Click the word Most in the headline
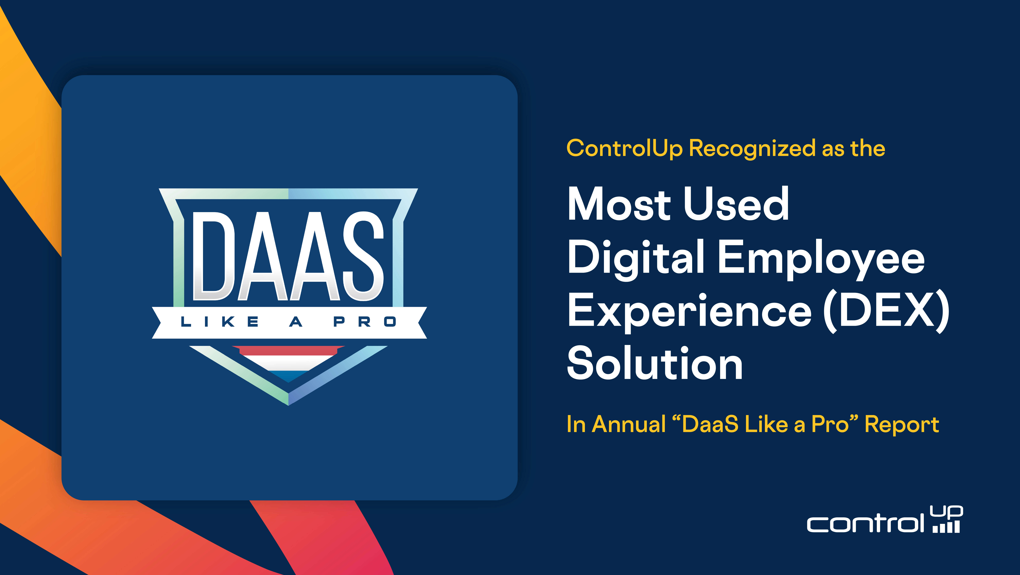(619, 204)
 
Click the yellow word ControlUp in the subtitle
(624, 149)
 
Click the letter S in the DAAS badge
(363, 256)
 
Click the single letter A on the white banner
(296, 322)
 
